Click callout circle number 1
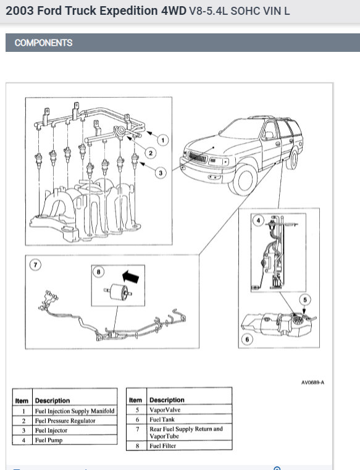click(163, 140)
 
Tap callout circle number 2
click(151, 153)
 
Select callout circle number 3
click(161, 173)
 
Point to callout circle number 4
click(258, 220)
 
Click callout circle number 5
click(305, 300)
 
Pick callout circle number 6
click(247, 339)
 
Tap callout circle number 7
click(35, 265)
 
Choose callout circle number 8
click(99, 272)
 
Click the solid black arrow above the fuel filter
click(131, 276)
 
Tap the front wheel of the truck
click(243, 180)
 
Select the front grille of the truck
click(197, 157)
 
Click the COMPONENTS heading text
click(43, 43)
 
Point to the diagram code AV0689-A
click(312, 382)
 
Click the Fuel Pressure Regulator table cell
click(75, 421)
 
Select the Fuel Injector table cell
click(75, 430)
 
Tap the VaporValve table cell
click(189, 409)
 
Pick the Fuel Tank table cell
click(189, 419)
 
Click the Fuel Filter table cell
click(189, 445)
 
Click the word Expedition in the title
click(128, 11)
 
